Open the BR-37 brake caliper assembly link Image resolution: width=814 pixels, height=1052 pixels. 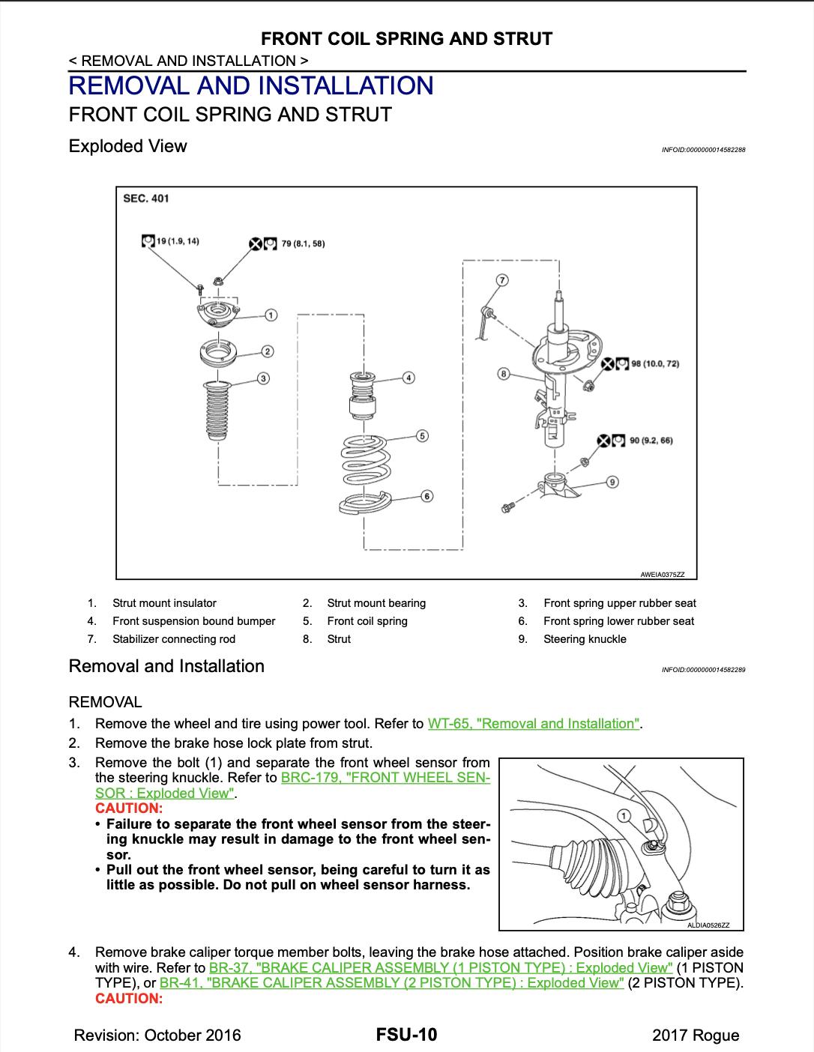[x=441, y=967]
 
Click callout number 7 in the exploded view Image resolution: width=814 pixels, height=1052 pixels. [x=502, y=280]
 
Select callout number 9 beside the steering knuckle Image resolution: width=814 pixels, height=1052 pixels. [x=612, y=482]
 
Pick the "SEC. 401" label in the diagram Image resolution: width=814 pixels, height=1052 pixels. [x=146, y=199]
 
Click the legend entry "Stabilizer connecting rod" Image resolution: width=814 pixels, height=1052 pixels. [x=174, y=639]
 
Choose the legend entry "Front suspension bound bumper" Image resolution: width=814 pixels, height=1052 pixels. [x=193, y=621]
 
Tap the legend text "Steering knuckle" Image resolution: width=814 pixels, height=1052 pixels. [x=585, y=639]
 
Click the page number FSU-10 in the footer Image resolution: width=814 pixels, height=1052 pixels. [x=406, y=1035]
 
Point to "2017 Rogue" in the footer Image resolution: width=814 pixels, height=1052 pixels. [x=696, y=1036]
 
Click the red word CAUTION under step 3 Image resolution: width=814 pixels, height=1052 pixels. [x=128, y=808]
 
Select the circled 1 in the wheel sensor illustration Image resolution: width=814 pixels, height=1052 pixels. [x=623, y=815]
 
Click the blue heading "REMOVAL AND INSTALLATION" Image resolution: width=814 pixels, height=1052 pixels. [x=251, y=86]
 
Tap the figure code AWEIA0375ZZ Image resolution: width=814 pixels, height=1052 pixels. [x=662, y=575]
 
